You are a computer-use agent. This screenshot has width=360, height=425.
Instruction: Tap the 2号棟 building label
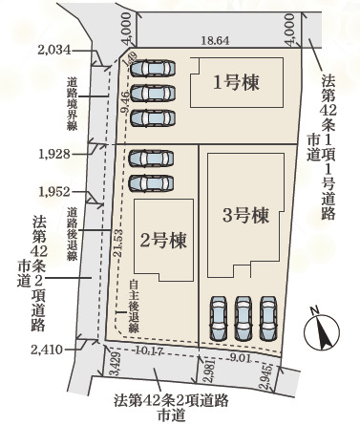point(161,238)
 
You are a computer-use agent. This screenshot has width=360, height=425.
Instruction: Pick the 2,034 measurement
point(54,49)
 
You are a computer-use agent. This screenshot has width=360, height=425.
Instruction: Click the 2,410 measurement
point(47,350)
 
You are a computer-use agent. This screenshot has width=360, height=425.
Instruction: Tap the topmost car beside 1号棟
point(154,69)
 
